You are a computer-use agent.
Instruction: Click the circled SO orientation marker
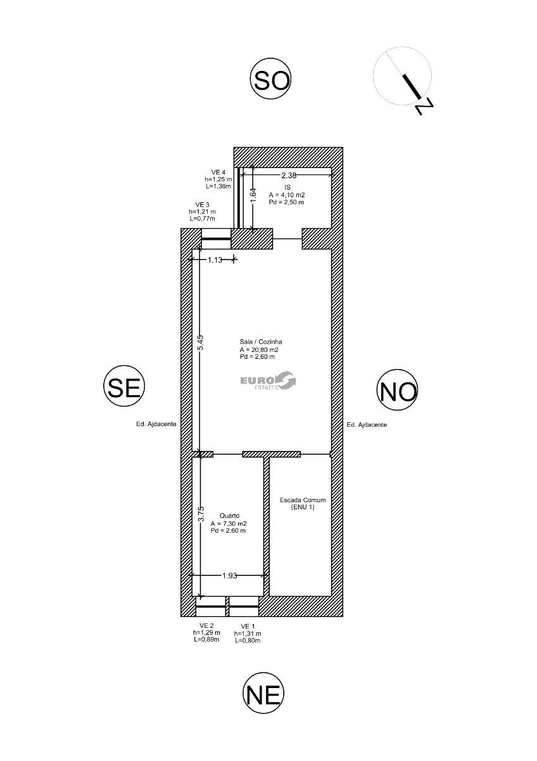(270, 81)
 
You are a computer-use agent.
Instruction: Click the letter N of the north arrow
(424, 107)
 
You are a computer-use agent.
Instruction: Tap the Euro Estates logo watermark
(268, 381)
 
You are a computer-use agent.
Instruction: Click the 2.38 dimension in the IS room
(289, 175)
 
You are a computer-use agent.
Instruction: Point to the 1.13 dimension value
(215, 260)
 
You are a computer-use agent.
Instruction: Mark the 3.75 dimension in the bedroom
(201, 514)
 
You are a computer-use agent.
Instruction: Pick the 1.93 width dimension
(229, 576)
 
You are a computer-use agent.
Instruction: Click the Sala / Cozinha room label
(261, 342)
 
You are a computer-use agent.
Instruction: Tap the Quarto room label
(229, 516)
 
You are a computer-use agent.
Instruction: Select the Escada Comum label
(303, 500)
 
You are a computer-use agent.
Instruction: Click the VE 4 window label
(218, 172)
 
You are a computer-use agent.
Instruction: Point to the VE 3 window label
(202, 204)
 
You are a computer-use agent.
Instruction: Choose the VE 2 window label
(206, 625)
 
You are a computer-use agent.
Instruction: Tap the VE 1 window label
(248, 626)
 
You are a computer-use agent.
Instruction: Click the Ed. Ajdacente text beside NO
(367, 425)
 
